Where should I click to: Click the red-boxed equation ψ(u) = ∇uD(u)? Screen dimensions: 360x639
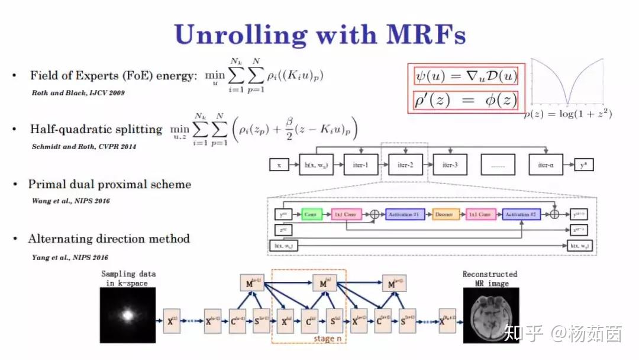pyautogui.click(x=466, y=76)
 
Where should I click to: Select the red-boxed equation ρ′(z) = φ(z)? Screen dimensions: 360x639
pyautogui.click(x=466, y=101)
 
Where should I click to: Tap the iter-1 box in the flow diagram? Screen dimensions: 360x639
pyautogui.click(x=360, y=165)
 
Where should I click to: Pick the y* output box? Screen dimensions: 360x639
pyautogui.click(x=585, y=165)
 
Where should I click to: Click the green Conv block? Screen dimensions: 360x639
pyautogui.click(x=312, y=214)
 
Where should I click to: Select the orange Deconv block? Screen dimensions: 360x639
pyautogui.click(x=443, y=214)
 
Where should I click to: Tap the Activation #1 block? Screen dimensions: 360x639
pyautogui.click(x=405, y=214)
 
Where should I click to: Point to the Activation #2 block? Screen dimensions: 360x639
pyautogui.click(x=521, y=214)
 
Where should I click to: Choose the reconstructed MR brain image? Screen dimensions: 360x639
pyautogui.click(x=490, y=315)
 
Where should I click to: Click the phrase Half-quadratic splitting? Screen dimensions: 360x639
pyautogui.click(x=96, y=130)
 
